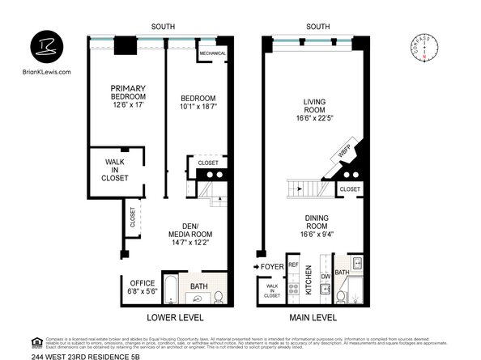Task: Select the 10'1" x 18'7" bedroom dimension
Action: tap(198, 106)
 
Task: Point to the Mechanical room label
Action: tap(212, 54)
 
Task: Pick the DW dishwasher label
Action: tap(325, 276)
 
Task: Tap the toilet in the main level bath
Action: tap(342, 296)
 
